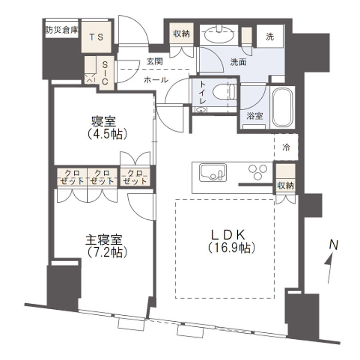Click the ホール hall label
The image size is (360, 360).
156,80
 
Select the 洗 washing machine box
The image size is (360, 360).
270,37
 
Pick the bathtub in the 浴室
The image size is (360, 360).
282,107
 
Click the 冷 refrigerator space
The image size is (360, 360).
286,148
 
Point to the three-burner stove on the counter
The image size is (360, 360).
258,174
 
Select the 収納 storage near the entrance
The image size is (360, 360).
180,34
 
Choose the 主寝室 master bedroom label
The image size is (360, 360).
104,240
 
